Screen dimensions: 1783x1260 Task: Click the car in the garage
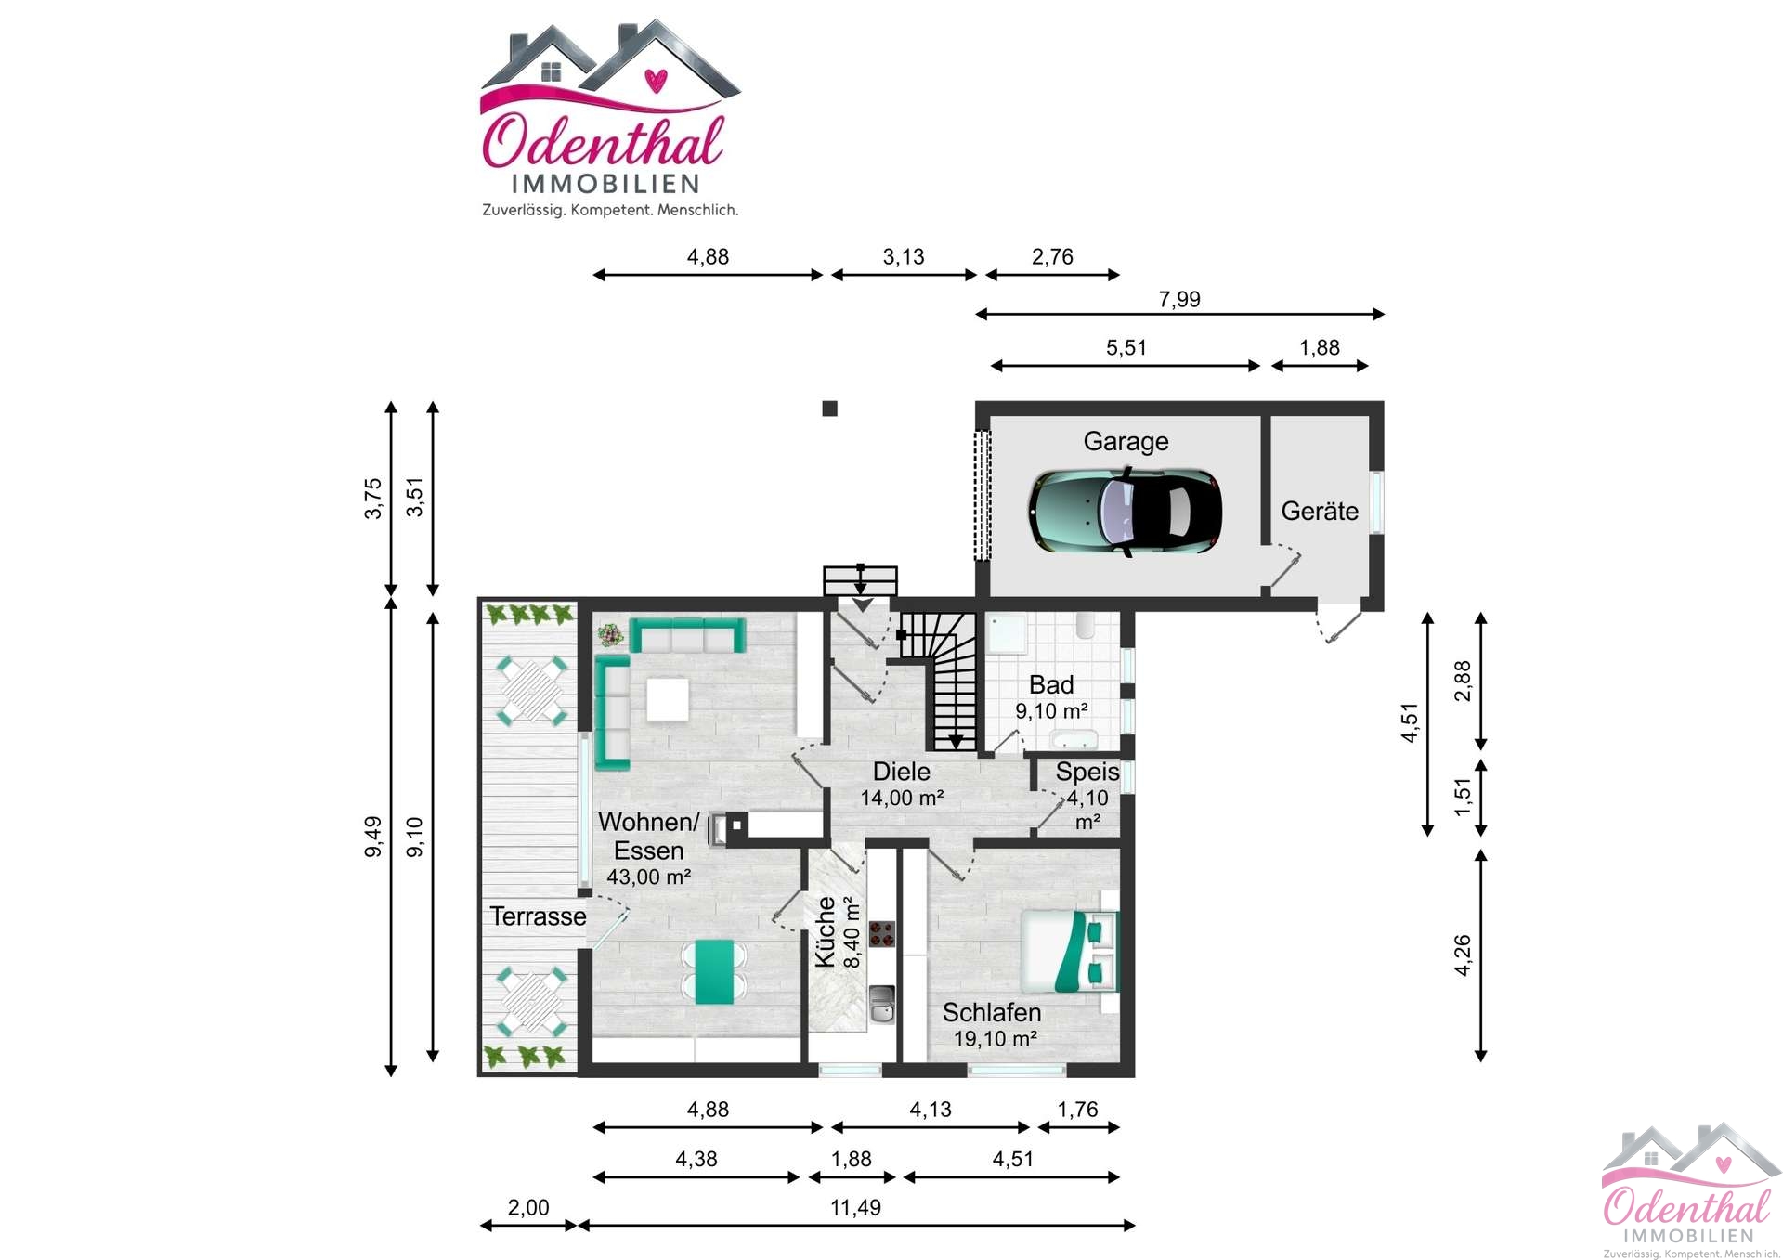tap(1125, 512)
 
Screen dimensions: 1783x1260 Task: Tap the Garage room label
tap(1126, 441)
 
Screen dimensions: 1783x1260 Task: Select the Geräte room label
tap(1319, 511)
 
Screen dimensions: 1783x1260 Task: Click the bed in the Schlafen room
tap(1069, 951)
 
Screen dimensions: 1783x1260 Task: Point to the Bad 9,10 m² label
tap(1051, 697)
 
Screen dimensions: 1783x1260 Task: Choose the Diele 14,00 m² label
tap(902, 785)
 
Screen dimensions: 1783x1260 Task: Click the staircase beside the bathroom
tap(938, 681)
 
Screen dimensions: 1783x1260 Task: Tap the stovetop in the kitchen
tap(881, 934)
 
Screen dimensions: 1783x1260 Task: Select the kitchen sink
tap(881, 1005)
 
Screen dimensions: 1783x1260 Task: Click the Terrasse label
tap(538, 916)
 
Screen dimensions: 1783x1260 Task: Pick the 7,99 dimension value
tap(1179, 299)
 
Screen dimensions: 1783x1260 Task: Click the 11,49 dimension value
tap(855, 1207)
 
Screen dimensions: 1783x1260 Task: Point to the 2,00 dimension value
tap(528, 1207)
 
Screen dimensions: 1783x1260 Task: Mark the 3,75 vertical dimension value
tap(372, 499)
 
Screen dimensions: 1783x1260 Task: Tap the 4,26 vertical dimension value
tap(1462, 955)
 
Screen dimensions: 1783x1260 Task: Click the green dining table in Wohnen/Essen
tap(714, 972)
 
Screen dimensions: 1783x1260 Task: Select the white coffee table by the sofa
tap(668, 699)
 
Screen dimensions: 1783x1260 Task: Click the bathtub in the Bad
tap(1074, 740)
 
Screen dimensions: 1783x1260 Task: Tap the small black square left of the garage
tap(830, 409)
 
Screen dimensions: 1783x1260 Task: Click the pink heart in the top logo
tap(656, 81)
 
